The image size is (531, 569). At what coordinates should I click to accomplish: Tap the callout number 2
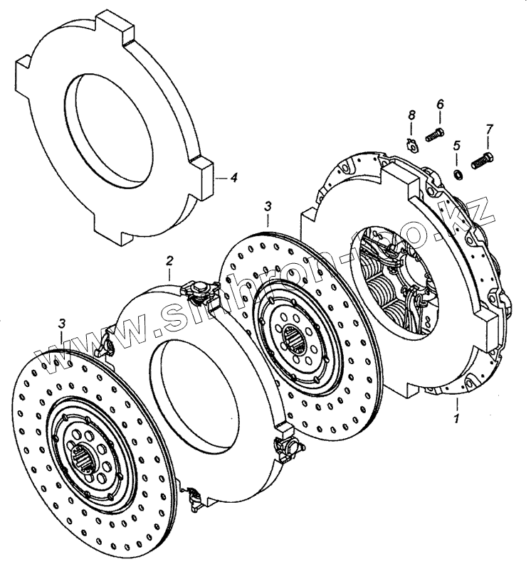pyautogui.click(x=170, y=260)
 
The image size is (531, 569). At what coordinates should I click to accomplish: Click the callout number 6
pyautogui.click(x=440, y=105)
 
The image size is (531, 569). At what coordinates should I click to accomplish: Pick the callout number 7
pyautogui.click(x=489, y=129)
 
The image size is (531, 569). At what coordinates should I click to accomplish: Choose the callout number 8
pyautogui.click(x=411, y=115)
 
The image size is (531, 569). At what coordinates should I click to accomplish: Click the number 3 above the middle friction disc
pyautogui.click(x=268, y=206)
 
